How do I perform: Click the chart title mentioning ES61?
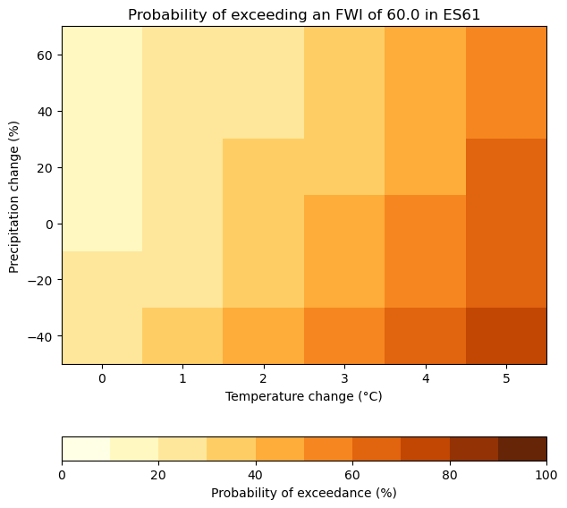(304, 14)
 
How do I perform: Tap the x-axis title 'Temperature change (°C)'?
(304, 396)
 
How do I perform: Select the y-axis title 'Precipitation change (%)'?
(14, 195)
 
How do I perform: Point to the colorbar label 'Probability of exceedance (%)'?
(304, 493)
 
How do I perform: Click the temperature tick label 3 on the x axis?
(344, 378)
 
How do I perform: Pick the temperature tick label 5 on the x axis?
(506, 378)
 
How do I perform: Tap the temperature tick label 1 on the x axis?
(182, 378)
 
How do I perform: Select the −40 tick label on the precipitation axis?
(39, 336)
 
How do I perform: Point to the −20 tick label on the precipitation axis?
(39, 280)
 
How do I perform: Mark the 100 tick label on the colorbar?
(546, 474)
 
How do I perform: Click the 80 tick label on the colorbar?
(449, 474)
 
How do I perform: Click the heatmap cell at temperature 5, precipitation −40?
(506, 336)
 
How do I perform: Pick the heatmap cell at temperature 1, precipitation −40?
(182, 336)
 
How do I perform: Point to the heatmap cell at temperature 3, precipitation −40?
(344, 336)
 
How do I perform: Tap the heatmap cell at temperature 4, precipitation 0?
(425, 224)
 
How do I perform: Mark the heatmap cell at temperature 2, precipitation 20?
(264, 167)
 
